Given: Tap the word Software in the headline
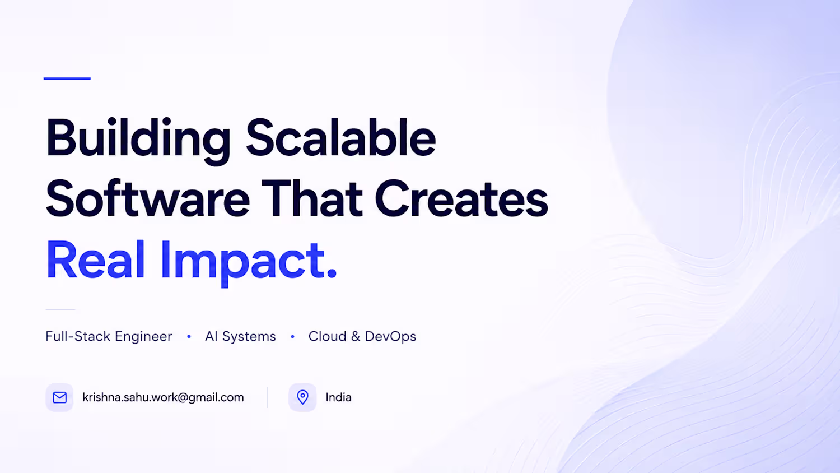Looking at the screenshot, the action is pyautogui.click(x=148, y=198).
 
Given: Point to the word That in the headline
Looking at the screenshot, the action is pyautogui.click(x=312, y=198).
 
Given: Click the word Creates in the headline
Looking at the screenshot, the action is pyautogui.click(x=461, y=198).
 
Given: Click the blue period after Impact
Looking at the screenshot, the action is pyautogui.click(x=332, y=273).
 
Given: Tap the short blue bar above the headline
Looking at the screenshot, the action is pyautogui.click(x=67, y=78).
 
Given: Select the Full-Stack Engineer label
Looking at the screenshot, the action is pyautogui.click(x=109, y=336).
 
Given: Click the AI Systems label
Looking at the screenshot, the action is pyautogui.click(x=240, y=336).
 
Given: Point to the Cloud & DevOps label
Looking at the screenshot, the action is pyautogui.click(x=362, y=336).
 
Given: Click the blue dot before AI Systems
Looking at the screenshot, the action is pyautogui.click(x=189, y=337).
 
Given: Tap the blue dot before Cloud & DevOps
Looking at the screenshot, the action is pyautogui.click(x=292, y=337).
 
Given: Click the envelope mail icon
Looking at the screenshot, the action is pyautogui.click(x=59, y=397).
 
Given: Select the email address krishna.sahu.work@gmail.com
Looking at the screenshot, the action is pyautogui.click(x=163, y=397).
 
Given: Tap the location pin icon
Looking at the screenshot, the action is pyautogui.click(x=302, y=397).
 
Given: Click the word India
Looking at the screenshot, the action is pyautogui.click(x=338, y=397).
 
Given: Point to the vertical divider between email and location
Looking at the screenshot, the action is pyautogui.click(x=267, y=397).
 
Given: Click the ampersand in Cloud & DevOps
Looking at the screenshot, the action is pyautogui.click(x=356, y=336).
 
